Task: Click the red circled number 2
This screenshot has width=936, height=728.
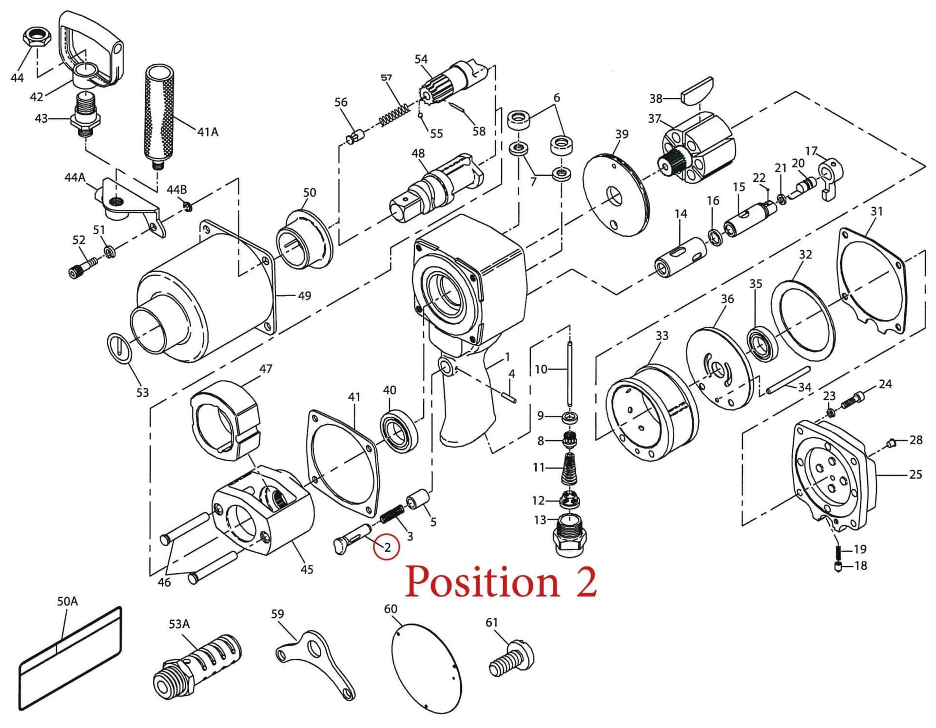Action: [387, 547]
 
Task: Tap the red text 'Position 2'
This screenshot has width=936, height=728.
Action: [501, 581]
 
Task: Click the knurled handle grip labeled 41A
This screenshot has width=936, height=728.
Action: [159, 114]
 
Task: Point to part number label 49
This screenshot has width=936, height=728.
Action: [304, 296]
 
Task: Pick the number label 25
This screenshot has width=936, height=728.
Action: [915, 474]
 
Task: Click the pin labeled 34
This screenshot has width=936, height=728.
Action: [788, 380]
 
